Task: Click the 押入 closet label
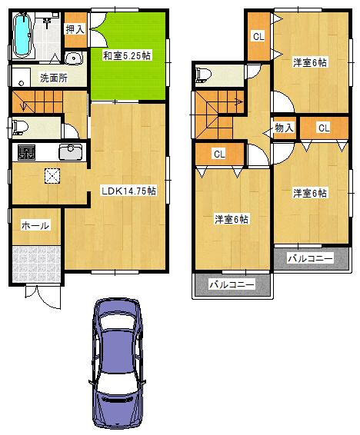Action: pyautogui.click(x=74, y=29)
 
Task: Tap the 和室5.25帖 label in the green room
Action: pyautogui.click(x=127, y=55)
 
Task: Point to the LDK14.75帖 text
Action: pyautogui.click(x=128, y=191)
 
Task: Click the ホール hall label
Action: pyautogui.click(x=35, y=225)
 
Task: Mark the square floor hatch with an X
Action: pyautogui.click(x=52, y=176)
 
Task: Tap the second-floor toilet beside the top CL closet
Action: pyautogui.click(x=203, y=75)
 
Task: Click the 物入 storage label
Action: pyautogui.click(x=283, y=128)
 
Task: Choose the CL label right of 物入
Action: pyautogui.click(x=323, y=128)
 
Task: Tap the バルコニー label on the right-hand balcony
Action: pyautogui.click(x=310, y=259)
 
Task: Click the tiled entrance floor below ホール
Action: pyautogui.click(x=35, y=263)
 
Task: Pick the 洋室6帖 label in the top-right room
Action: pyautogui.click(x=309, y=63)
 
